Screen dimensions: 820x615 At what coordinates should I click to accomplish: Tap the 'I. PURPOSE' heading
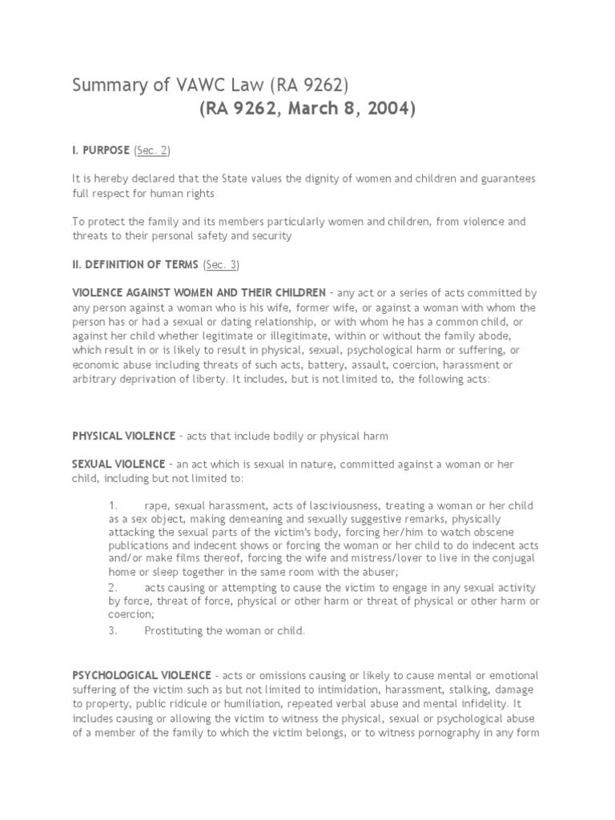pos(101,151)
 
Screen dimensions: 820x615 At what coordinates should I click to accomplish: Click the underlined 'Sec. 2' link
pos(151,151)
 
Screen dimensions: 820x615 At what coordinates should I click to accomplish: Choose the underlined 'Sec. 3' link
pos(222,263)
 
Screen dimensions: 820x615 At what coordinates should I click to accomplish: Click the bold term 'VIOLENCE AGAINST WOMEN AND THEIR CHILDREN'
pos(199,292)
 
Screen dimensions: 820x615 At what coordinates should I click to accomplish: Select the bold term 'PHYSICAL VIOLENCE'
pos(123,436)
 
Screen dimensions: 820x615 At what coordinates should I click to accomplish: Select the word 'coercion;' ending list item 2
pos(131,614)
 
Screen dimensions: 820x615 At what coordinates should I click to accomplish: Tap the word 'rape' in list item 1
pos(156,506)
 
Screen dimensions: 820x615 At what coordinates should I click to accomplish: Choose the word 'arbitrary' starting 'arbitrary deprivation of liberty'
pos(94,379)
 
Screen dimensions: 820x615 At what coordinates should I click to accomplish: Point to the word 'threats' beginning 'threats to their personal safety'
pos(91,236)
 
